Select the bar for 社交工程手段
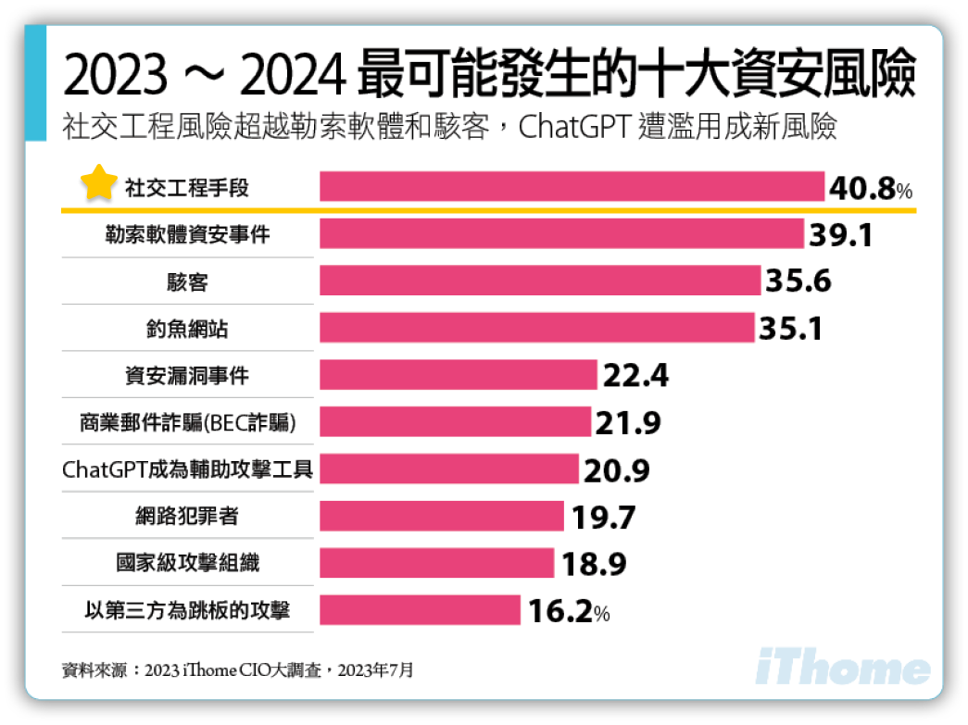click(x=572, y=186)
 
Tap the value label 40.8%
click(x=871, y=189)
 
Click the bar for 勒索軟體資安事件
click(x=561, y=233)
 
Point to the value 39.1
click(x=841, y=235)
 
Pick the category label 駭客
click(x=187, y=281)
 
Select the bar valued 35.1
click(x=536, y=328)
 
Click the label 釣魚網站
click(x=187, y=329)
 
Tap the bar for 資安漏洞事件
click(x=459, y=375)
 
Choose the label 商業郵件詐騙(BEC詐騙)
click(x=187, y=423)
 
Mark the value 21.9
click(x=628, y=423)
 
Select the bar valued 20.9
click(x=449, y=469)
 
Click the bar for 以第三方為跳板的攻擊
click(x=420, y=610)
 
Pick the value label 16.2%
click(x=568, y=611)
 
